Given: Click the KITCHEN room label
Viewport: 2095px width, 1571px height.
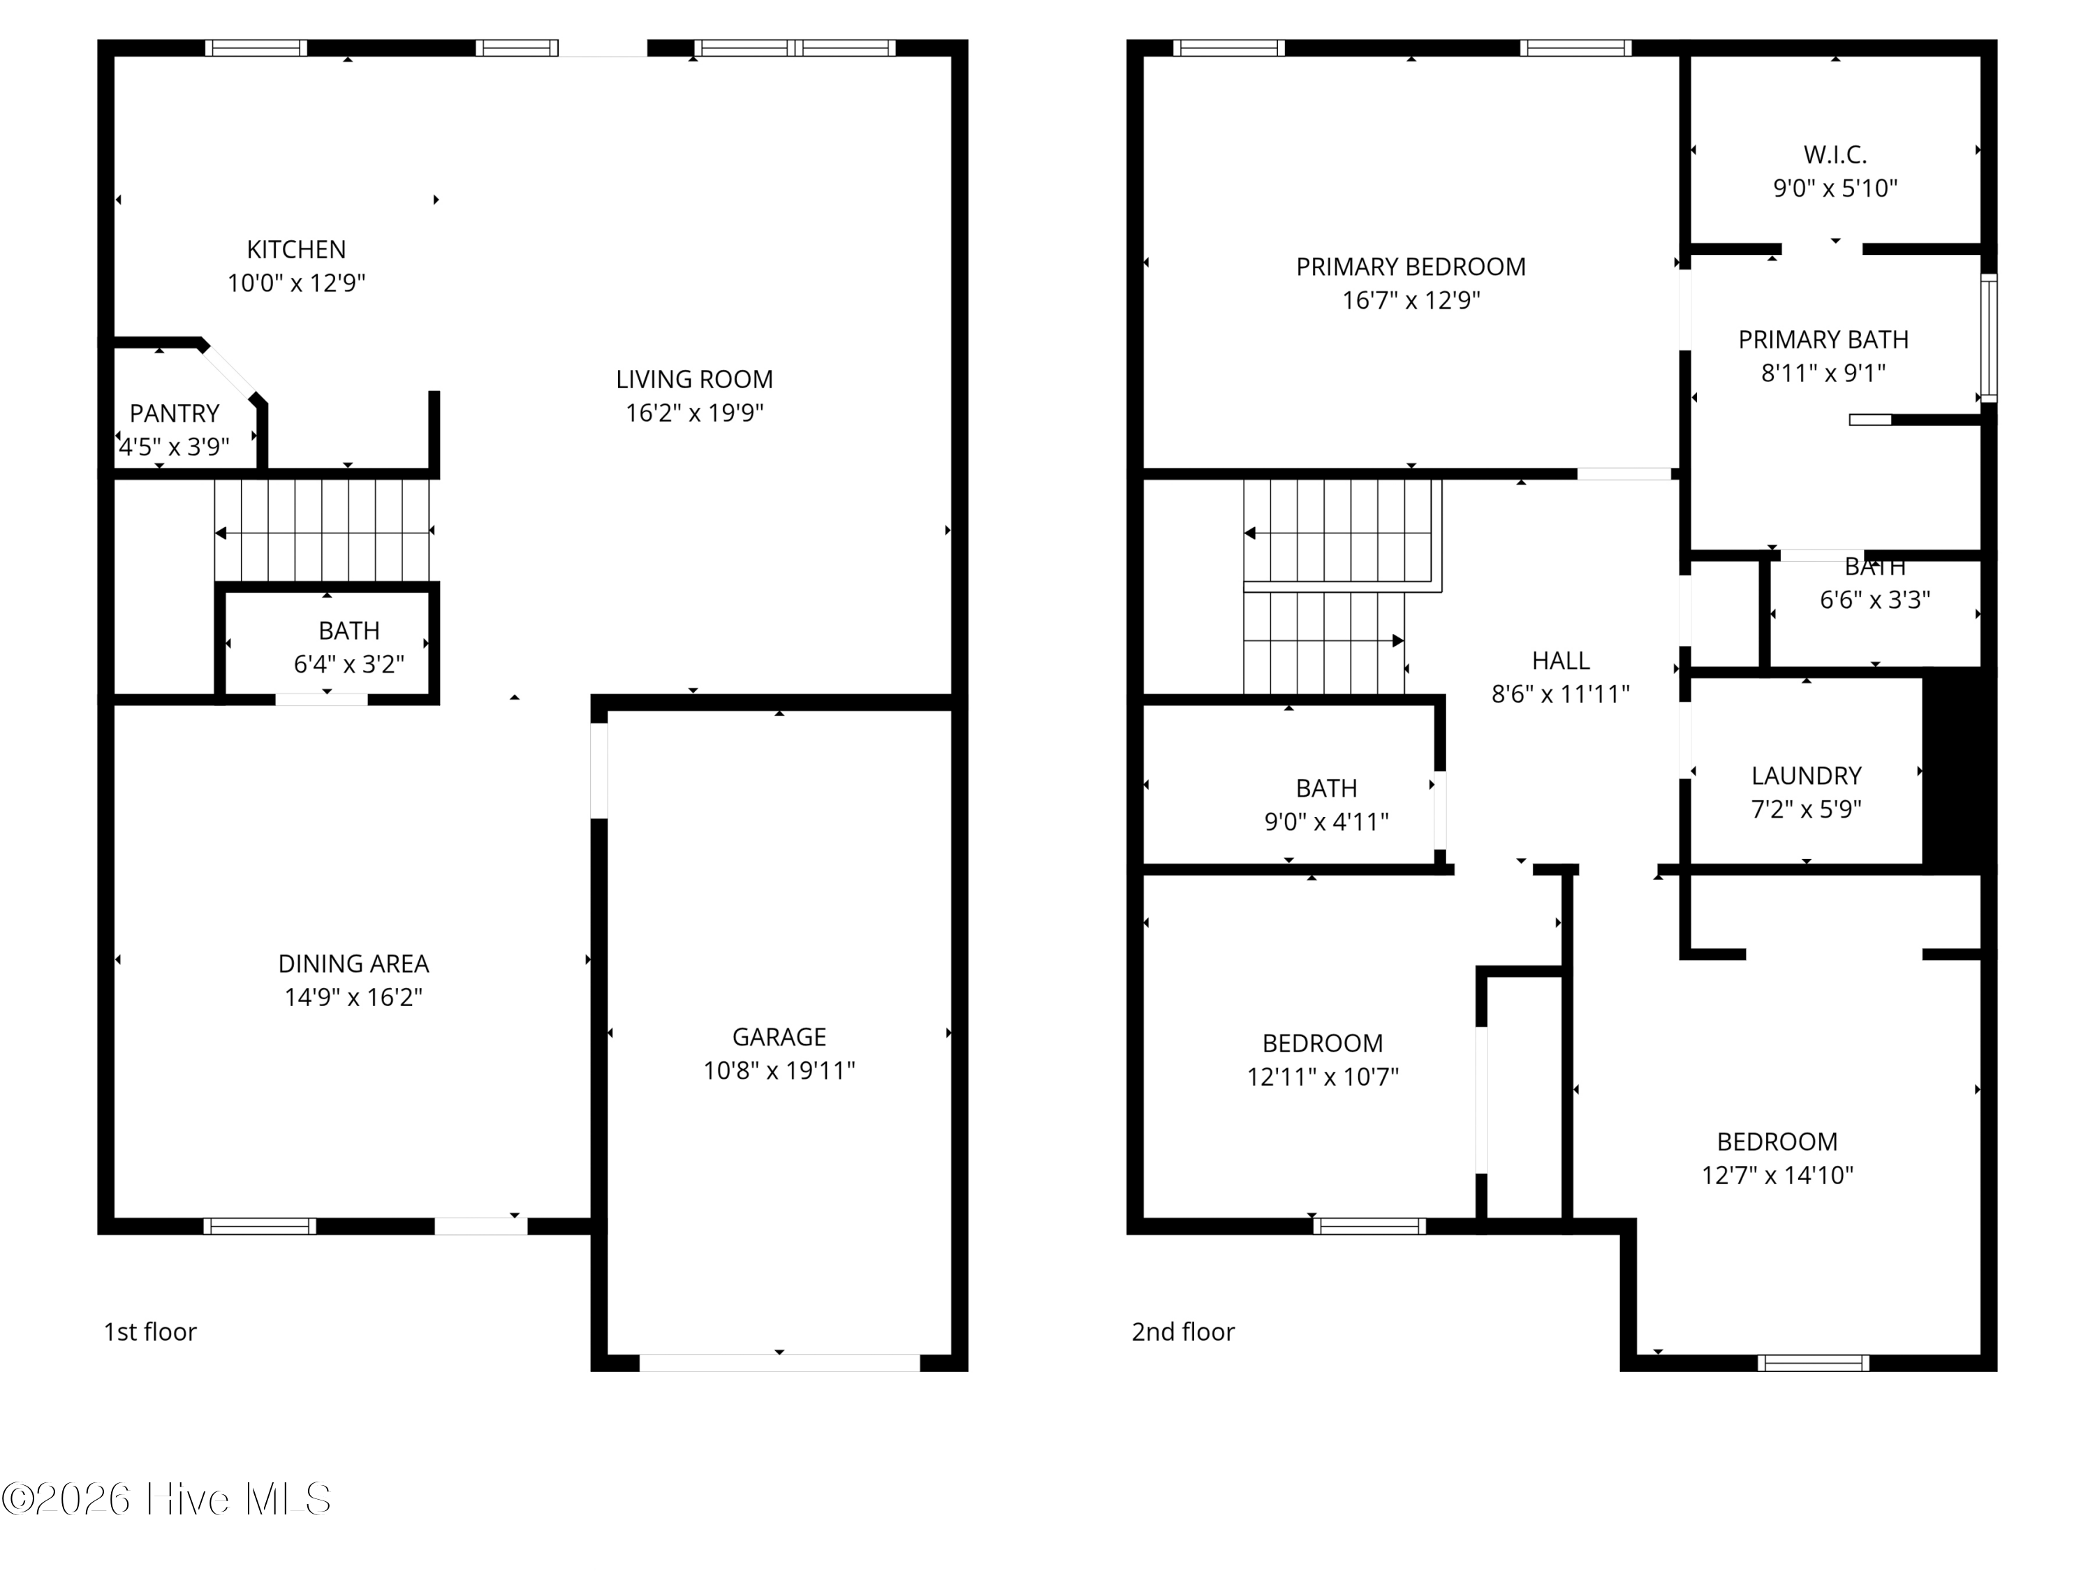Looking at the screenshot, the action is pos(297,249).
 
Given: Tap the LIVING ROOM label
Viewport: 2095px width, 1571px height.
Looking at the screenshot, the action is pos(694,378).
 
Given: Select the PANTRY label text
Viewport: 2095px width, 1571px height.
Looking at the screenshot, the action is pos(175,413).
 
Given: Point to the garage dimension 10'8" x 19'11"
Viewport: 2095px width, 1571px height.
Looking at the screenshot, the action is pos(779,1070).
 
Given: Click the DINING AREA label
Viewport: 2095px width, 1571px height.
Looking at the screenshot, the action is pos(353,963).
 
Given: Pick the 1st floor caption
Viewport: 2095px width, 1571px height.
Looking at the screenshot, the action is pos(149,1332).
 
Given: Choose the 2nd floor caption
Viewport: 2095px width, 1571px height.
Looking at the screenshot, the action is pos(1183,1332).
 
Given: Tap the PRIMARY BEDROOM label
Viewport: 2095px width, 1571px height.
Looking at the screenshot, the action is pos(1410,267).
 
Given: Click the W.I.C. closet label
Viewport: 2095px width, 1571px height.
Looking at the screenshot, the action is pos(1835,154).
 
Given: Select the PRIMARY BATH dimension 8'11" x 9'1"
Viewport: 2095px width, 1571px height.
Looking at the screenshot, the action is pos(1823,373).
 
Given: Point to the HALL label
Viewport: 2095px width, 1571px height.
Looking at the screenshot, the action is pos(1561,660).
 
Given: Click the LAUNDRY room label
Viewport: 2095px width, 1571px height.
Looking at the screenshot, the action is pos(1806,776).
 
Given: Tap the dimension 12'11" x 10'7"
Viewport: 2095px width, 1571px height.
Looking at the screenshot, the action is pos(1322,1077).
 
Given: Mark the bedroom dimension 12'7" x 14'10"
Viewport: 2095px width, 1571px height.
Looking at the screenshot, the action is pos(1777,1175).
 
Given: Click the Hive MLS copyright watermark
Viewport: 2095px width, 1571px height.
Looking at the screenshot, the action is pos(167,1498).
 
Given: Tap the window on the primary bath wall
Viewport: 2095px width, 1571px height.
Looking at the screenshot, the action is pos(1990,338).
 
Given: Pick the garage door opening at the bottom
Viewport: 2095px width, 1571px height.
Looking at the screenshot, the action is pos(779,1363).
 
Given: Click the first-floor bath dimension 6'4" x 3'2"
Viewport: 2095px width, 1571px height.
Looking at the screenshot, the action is pos(348,664).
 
